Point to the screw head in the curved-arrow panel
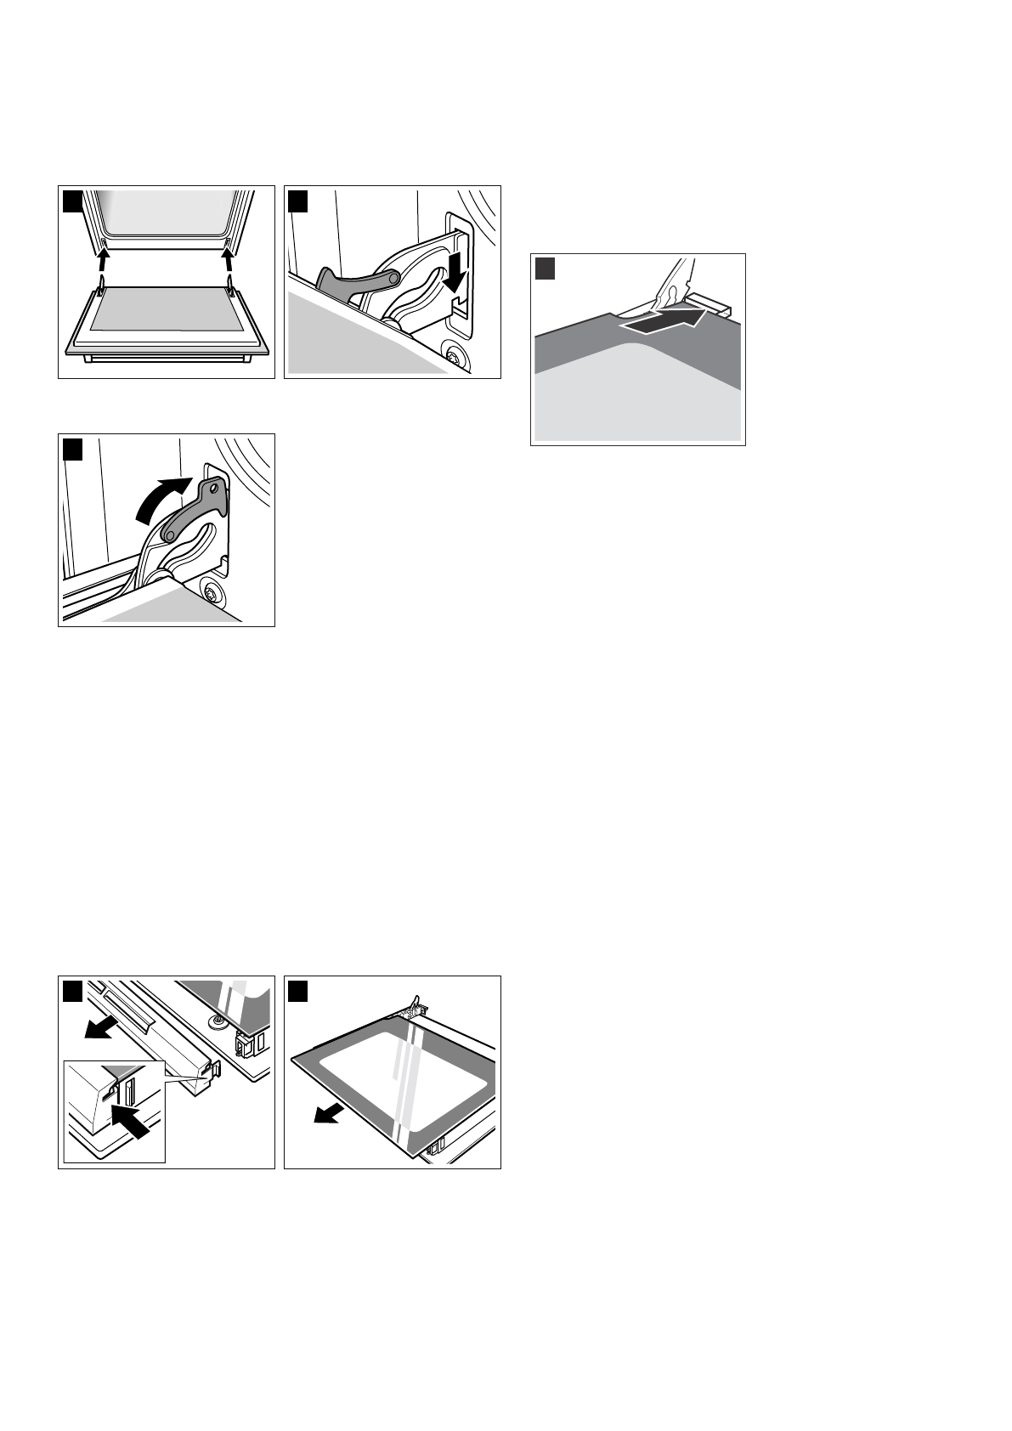tap(210, 591)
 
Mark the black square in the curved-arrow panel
tap(73, 449)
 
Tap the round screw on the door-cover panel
tap(219, 1019)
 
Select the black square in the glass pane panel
tap(299, 991)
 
